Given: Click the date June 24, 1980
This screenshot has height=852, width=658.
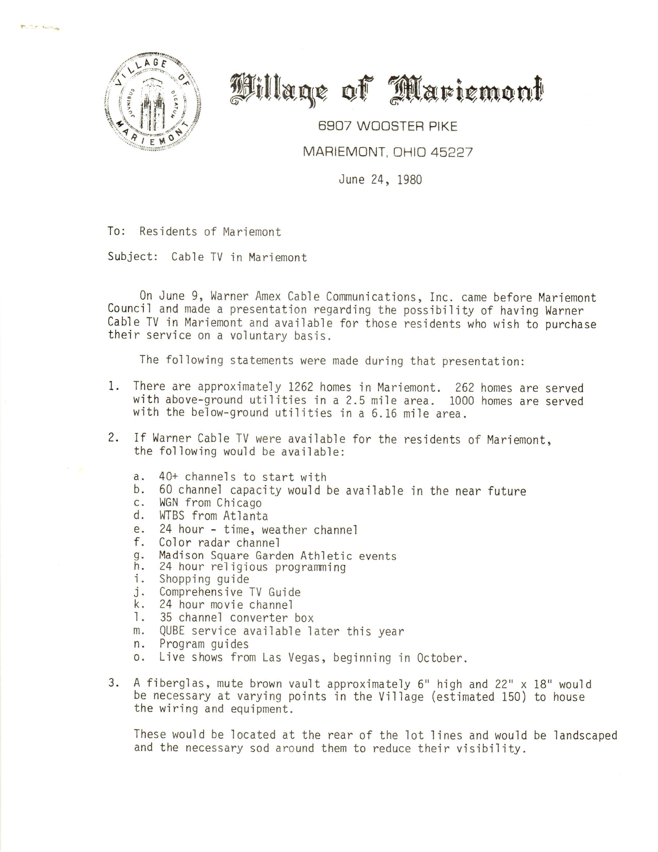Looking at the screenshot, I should (380, 180).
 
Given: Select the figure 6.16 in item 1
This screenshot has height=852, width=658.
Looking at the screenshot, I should (384, 413).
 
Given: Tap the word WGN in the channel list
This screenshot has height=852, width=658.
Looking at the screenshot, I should (168, 503).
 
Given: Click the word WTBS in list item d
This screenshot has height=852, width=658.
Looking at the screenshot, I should (172, 516).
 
